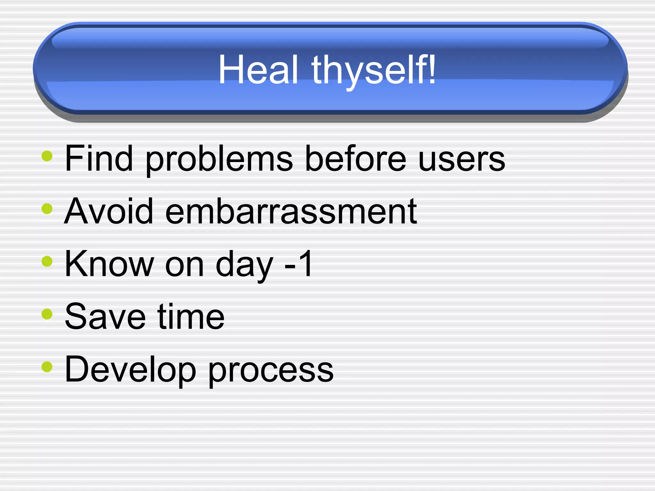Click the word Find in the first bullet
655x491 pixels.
(99, 158)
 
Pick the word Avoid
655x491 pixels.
(109, 211)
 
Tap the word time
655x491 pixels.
(191, 316)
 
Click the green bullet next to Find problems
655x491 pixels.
(47, 156)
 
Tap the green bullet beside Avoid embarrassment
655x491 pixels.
(47, 209)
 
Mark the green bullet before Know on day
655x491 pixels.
(47, 261)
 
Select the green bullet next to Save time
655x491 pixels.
(47, 314)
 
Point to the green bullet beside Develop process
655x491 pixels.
(47, 367)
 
